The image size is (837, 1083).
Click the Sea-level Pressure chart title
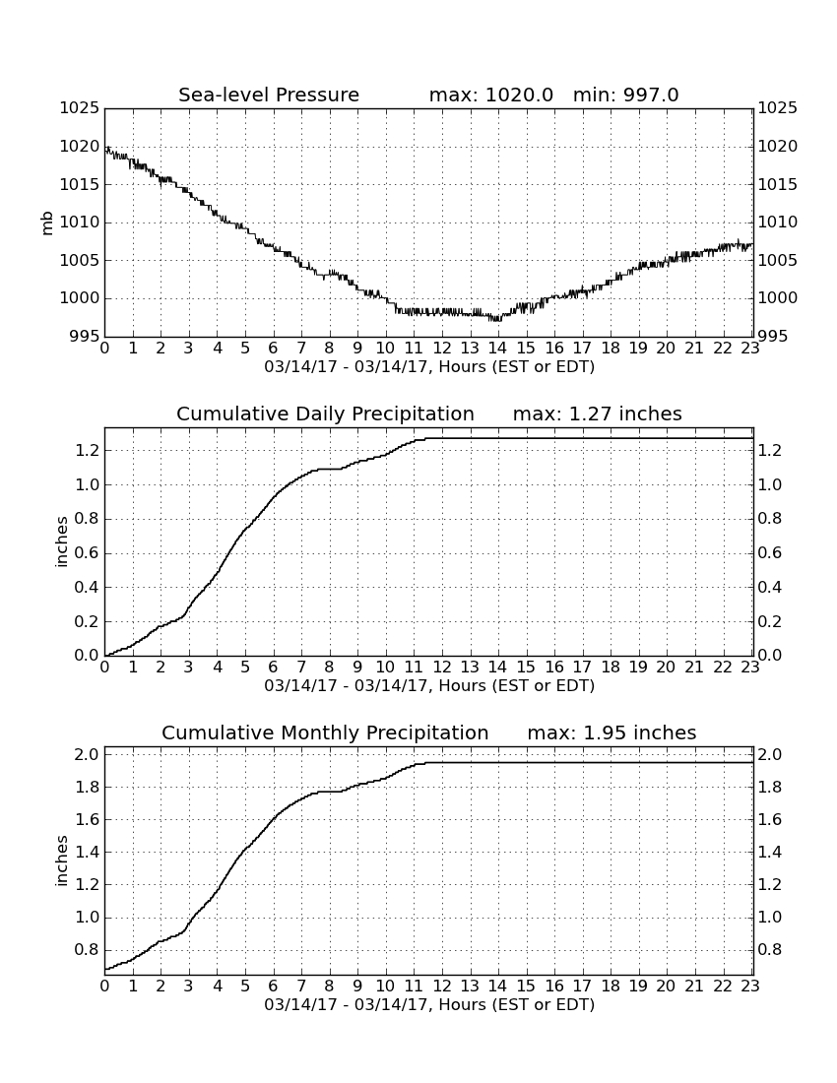pyautogui.click(x=269, y=95)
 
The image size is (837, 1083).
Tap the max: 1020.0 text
pyautogui.click(x=491, y=95)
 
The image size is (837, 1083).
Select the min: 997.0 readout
pyautogui.click(x=625, y=95)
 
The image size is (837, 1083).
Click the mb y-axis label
pyautogui.click(x=47, y=223)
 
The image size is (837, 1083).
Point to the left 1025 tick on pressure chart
pyautogui.click(x=80, y=107)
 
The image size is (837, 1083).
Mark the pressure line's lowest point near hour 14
pyautogui.click(x=496, y=321)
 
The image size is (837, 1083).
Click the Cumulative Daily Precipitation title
pyautogui.click(x=325, y=414)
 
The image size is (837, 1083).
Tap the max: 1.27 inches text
pyautogui.click(x=598, y=414)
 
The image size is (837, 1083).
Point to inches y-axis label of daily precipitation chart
pyautogui.click(x=61, y=542)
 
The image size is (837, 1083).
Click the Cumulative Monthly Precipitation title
pyautogui.click(x=325, y=733)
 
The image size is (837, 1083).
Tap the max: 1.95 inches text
pyautogui.click(x=612, y=733)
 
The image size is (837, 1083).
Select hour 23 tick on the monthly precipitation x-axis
pyautogui.click(x=750, y=986)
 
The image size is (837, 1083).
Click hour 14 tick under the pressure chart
pyautogui.click(x=497, y=348)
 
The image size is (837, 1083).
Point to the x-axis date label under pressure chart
pyautogui.click(x=429, y=367)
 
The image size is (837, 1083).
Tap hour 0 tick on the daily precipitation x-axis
pyautogui.click(x=105, y=667)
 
